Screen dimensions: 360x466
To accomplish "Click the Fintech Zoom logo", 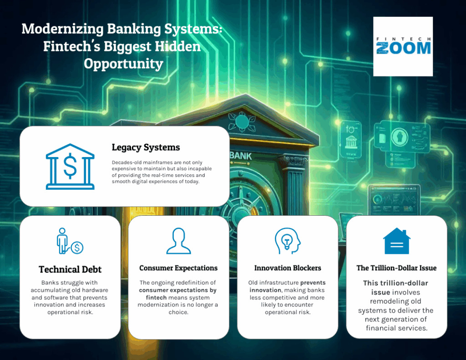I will [x=403, y=46].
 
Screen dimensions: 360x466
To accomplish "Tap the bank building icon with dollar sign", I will [x=70, y=167].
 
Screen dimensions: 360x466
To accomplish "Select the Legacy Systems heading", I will [x=146, y=147].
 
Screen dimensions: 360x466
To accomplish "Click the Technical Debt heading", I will [x=70, y=269].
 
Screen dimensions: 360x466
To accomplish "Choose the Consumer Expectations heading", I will [x=178, y=268].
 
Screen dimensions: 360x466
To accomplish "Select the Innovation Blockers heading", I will [x=287, y=268].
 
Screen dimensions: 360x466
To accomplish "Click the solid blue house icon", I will [x=396, y=241].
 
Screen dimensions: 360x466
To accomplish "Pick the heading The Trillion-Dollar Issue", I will [x=396, y=268].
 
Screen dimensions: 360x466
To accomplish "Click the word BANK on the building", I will [x=241, y=156].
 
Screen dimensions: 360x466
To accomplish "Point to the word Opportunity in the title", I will [x=123, y=64].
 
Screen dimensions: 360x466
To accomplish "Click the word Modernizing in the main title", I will [x=62, y=30].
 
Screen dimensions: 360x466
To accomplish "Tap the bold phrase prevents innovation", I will [x=287, y=286].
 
